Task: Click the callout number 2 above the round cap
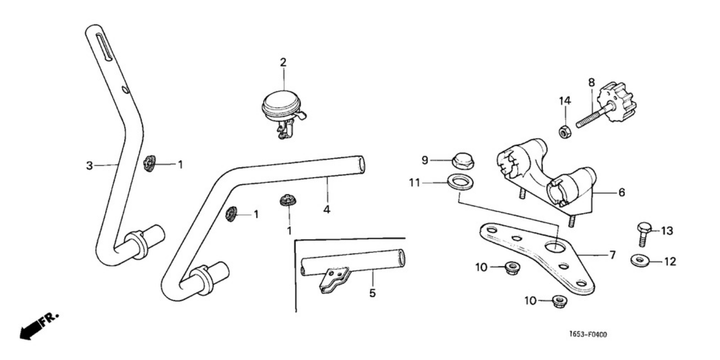[x=283, y=62]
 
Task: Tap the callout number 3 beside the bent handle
[x=89, y=166]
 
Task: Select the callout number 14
[x=565, y=100]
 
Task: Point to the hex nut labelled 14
[x=563, y=132]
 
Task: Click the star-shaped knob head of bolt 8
[x=617, y=102]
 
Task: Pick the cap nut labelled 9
[x=463, y=162]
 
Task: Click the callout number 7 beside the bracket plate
[x=612, y=256]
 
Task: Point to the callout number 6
[x=622, y=193]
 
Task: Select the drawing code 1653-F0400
[x=588, y=335]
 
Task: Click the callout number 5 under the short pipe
[x=372, y=293]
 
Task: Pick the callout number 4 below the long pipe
[x=327, y=209]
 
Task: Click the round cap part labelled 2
[x=281, y=104]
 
